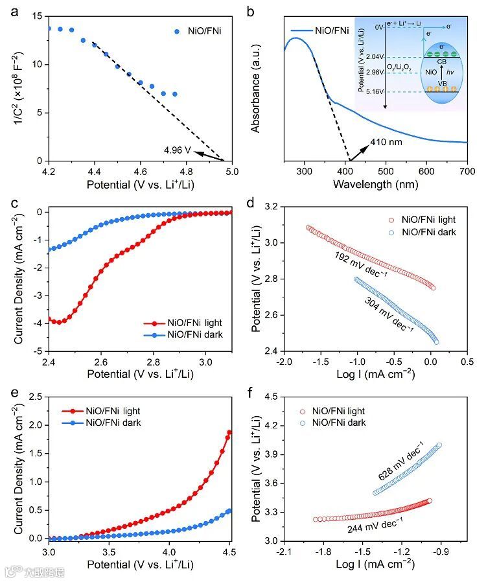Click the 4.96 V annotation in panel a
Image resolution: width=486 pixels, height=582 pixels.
[178, 150]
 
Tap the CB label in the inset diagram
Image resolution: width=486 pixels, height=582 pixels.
[441, 62]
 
